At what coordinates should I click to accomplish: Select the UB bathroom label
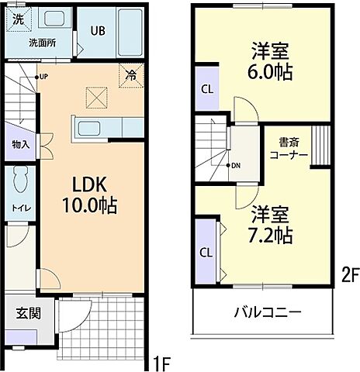point(98,31)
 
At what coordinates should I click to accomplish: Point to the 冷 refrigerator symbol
point(131,76)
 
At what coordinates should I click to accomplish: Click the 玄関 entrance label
point(28,314)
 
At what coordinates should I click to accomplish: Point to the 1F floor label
point(161,360)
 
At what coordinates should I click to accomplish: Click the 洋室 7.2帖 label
point(270,222)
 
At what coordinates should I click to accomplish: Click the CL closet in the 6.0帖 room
point(206,88)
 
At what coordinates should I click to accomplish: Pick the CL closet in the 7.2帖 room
point(206,252)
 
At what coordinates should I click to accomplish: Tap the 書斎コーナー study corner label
point(289,149)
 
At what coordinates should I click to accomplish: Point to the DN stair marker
point(235,166)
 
